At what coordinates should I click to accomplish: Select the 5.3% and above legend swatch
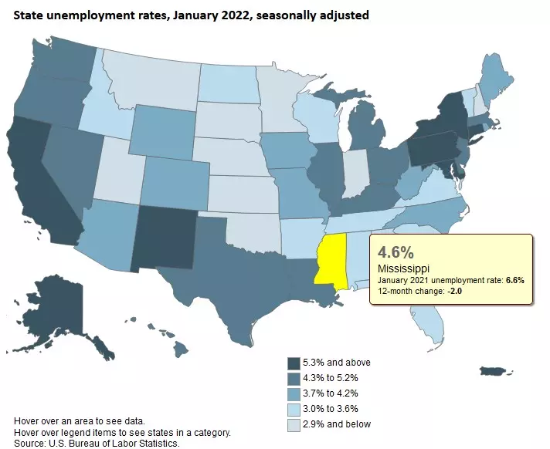point(294,363)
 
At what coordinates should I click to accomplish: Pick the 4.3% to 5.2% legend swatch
point(294,379)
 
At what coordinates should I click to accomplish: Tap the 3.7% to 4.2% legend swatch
point(294,393)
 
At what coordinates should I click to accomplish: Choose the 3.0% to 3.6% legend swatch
point(294,409)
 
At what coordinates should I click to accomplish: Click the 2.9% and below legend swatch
point(294,424)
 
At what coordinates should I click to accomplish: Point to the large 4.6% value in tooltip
point(396,252)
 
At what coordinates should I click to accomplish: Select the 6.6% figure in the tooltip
point(515,280)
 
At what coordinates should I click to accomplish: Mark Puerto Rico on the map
point(494,372)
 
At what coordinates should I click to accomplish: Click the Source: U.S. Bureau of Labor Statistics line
point(97,444)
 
